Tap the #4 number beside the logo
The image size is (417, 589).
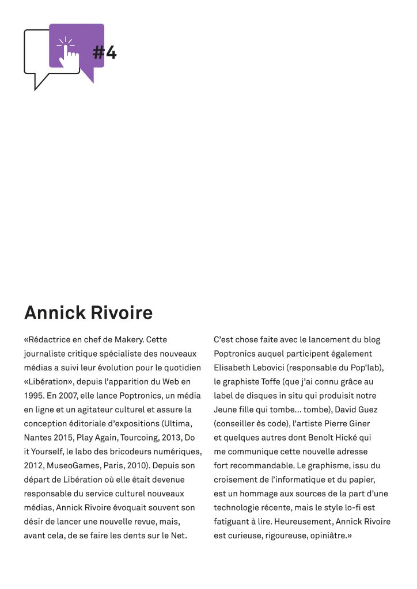click(105, 53)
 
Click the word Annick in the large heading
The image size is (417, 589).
click(54, 313)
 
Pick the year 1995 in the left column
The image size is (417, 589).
click(34, 396)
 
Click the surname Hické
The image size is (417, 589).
click(343, 438)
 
